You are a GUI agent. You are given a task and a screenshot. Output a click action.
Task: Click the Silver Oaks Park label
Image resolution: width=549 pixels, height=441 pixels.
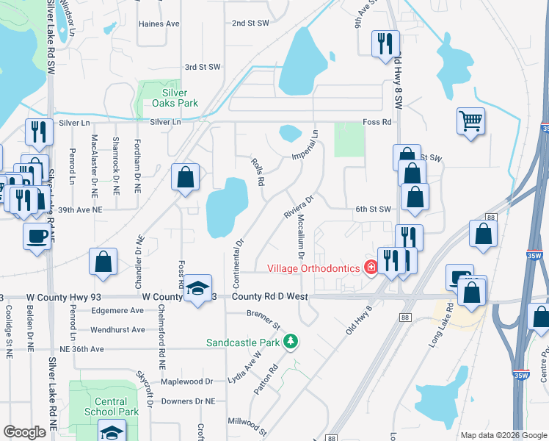coord(180,98)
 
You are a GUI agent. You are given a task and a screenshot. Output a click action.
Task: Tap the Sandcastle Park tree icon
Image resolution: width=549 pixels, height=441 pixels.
coord(291,342)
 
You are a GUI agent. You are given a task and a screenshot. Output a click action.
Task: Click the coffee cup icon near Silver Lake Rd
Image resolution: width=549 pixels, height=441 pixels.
coord(37,236)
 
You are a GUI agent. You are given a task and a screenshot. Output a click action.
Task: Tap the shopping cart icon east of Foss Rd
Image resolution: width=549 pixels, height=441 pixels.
coord(470,119)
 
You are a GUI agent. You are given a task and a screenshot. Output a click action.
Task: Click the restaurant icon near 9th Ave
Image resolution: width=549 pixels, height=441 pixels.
coord(382,43)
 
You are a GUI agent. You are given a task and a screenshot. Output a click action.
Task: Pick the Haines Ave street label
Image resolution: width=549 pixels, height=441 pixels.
coord(159,24)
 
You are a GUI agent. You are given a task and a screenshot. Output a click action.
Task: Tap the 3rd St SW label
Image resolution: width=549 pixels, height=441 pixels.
coord(203,67)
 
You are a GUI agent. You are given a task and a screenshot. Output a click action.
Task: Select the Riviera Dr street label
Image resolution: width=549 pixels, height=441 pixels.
coord(299,206)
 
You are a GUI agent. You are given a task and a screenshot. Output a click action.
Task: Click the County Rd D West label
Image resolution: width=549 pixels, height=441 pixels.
coord(270,296)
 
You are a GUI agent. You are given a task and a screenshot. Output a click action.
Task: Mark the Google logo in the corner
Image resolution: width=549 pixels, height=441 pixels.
coord(25,432)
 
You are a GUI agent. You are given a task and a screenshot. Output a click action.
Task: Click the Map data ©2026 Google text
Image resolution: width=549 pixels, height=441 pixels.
coord(503,435)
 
